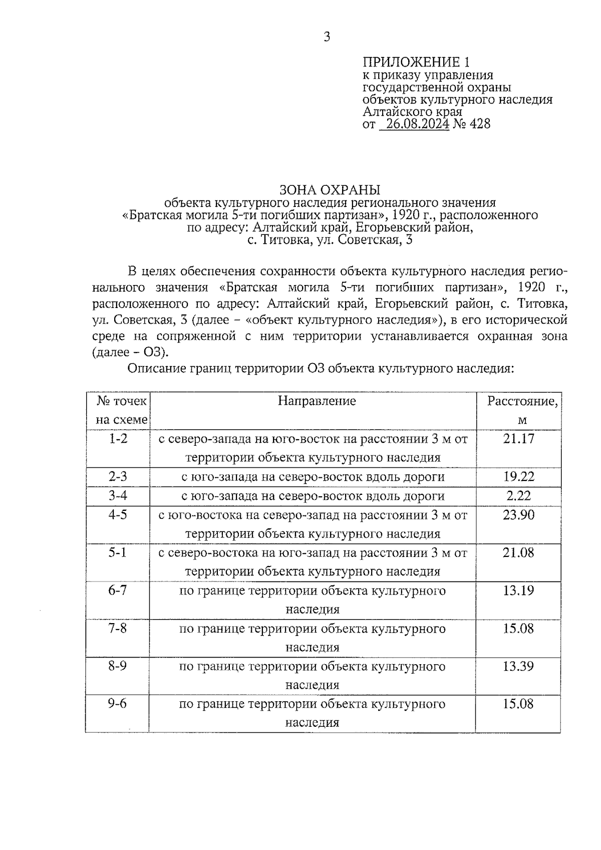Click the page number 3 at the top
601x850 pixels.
pyautogui.click(x=327, y=37)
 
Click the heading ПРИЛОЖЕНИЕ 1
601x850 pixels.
pyautogui.click(x=416, y=62)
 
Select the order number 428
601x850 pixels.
pyautogui.click(x=480, y=124)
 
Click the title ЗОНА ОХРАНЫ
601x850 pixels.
pyautogui.click(x=330, y=190)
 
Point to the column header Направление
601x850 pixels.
pyautogui.click(x=317, y=401)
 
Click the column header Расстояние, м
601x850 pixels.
pyautogui.click(x=522, y=410)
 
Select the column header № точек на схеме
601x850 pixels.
pyautogui.click(x=122, y=410)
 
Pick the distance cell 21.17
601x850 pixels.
pyautogui.click(x=519, y=439)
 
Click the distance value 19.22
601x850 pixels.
pyautogui.click(x=519, y=476)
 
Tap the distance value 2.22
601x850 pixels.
pyautogui.click(x=519, y=496)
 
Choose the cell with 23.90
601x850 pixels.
pyautogui.click(x=519, y=515)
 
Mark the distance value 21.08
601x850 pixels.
pyautogui.click(x=519, y=552)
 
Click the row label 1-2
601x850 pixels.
pyautogui.click(x=118, y=439)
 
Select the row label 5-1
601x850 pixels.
pyautogui.click(x=118, y=552)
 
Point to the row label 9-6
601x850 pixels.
pyautogui.click(x=118, y=704)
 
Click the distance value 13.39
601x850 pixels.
pyautogui.click(x=519, y=666)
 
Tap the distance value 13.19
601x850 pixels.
pyautogui.click(x=519, y=591)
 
